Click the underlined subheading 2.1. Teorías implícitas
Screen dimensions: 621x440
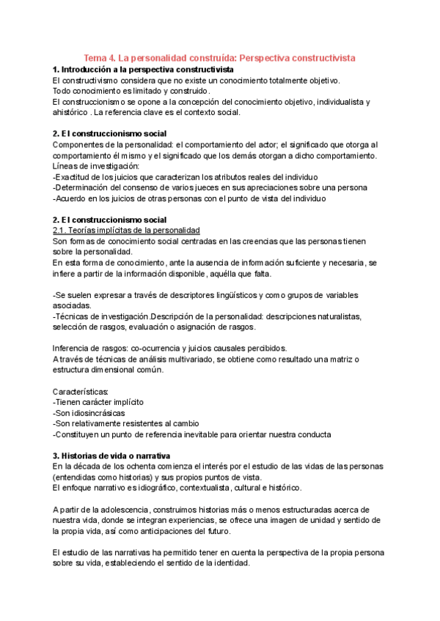pyautogui.click(x=126, y=231)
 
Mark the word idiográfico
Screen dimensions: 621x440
pyautogui.click(x=162, y=488)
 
